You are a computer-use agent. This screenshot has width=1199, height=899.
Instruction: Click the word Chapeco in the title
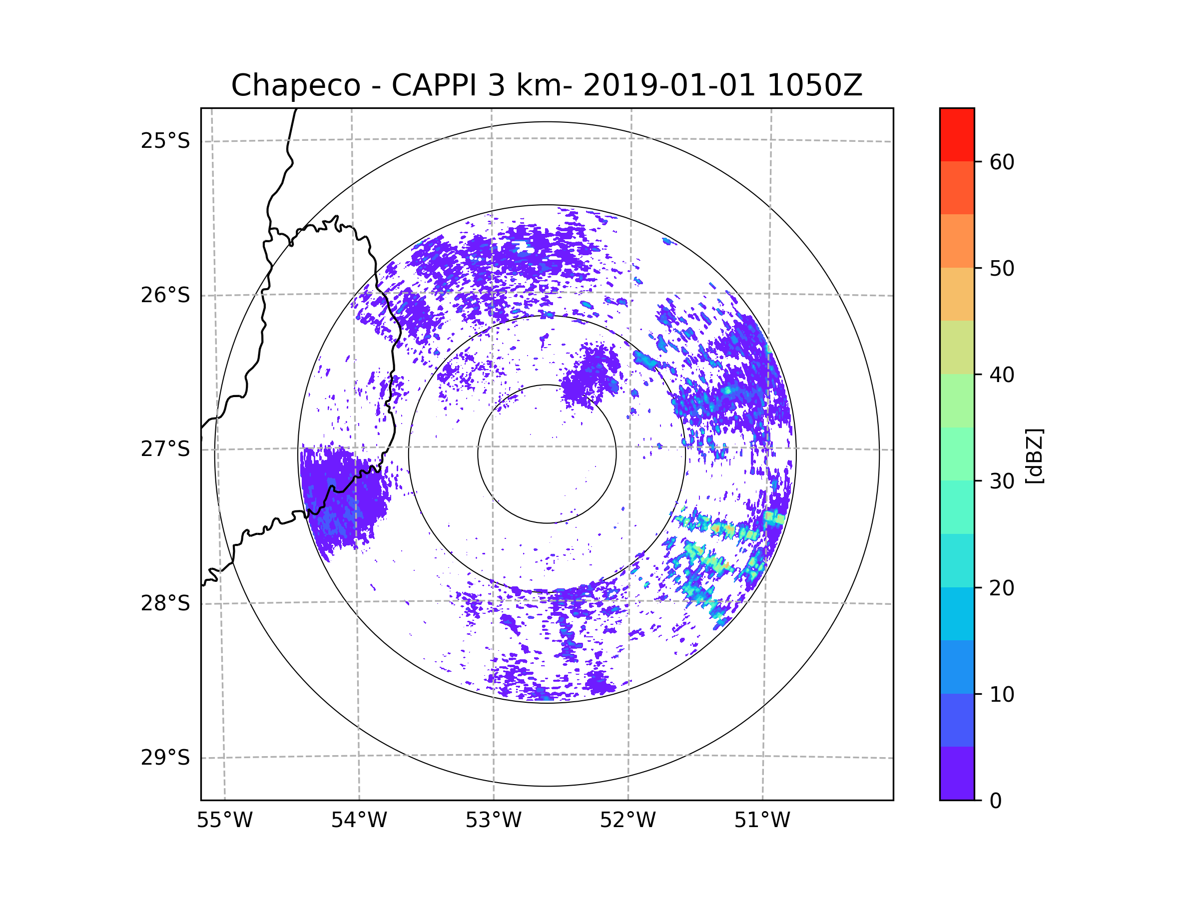[x=295, y=85]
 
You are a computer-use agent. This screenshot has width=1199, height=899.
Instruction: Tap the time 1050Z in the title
[x=814, y=85]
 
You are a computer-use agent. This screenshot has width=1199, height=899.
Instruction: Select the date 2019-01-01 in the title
[x=669, y=85]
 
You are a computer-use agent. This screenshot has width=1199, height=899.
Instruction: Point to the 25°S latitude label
[x=165, y=141]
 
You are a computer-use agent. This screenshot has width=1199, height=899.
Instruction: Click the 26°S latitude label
[x=165, y=295]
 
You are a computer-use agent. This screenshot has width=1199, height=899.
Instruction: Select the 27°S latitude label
[x=165, y=449]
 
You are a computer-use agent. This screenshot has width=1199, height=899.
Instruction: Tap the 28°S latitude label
[x=165, y=603]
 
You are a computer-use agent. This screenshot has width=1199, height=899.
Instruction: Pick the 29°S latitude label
[x=165, y=758]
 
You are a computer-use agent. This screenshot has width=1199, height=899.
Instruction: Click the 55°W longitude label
[x=224, y=821]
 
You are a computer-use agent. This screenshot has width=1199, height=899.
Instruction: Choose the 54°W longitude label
[x=359, y=821]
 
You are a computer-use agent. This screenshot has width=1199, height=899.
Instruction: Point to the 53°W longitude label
[x=493, y=821]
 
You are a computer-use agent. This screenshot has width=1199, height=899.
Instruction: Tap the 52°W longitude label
[x=627, y=821]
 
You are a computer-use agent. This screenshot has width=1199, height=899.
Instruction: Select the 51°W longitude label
[x=762, y=821]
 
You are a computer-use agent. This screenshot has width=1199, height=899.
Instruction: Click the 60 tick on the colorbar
[x=1002, y=162]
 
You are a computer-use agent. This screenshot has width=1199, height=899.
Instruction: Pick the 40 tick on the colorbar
[x=1002, y=375]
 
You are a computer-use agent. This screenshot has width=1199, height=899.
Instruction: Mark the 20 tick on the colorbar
[x=1002, y=588]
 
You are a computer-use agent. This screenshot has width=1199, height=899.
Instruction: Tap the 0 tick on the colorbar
[x=996, y=801]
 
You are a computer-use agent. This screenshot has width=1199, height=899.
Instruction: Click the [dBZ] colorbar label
[x=1034, y=455]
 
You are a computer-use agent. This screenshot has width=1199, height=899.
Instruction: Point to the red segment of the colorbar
[x=957, y=134]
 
